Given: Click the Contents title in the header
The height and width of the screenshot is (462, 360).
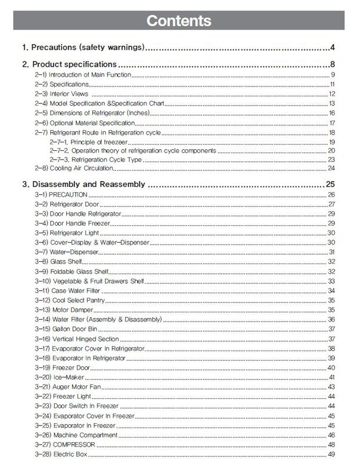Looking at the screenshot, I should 179,21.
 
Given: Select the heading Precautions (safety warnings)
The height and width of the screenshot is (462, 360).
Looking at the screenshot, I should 83,47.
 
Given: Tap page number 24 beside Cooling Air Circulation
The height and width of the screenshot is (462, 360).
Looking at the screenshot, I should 332,168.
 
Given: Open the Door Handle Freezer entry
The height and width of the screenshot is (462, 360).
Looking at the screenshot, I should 79,223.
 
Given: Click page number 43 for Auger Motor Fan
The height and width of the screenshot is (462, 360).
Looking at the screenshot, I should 332,387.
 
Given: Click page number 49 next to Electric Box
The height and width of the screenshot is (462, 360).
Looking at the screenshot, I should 332,454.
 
